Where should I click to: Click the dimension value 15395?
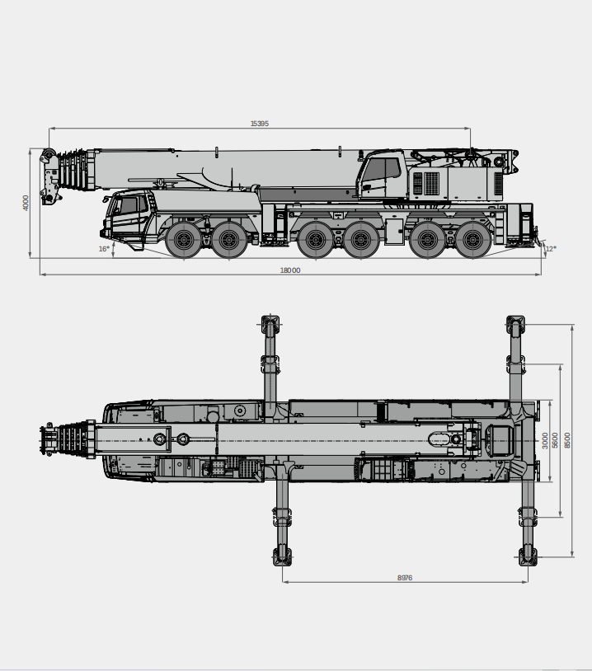pos(260,124)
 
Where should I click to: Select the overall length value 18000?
pos(290,270)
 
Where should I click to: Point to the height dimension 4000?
pos(26,203)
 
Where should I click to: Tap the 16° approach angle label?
pos(104,248)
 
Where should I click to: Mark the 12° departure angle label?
pos(550,248)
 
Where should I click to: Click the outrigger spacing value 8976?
pos(404,578)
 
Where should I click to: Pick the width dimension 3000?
pos(544,440)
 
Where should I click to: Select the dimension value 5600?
pos(555,440)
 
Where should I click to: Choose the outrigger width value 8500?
pos(567,440)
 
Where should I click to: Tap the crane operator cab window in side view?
pos(381,170)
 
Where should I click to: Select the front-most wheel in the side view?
pos(183,240)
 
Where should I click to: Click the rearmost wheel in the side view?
pos(472,240)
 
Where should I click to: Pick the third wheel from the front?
pos(313,240)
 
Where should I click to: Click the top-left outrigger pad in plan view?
pos(270,321)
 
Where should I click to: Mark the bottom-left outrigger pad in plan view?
pos(282,557)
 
